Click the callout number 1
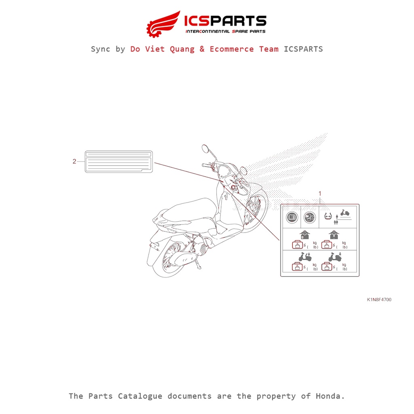pos(320,194)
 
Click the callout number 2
pos(74,161)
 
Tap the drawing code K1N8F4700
pos(379,300)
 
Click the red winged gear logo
pos(163,24)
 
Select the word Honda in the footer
pos(330,396)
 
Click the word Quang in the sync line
pos(182,49)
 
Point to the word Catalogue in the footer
pos(140,396)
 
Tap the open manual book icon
pos(292,218)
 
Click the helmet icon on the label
pos(310,218)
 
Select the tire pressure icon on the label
pos(328,217)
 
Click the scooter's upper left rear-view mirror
pos(205,149)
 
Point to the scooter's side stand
pos(197,264)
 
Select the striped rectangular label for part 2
pos(119,162)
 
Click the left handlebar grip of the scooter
pos(206,165)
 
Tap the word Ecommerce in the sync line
pos(232,49)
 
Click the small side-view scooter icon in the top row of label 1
pos(345,213)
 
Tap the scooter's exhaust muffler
pos(185,259)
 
